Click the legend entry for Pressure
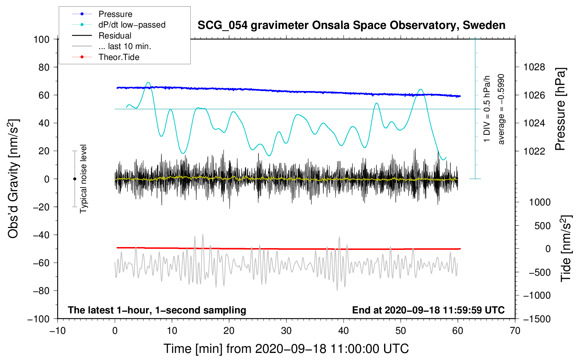pos(115,14)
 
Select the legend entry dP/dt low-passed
pos(132,25)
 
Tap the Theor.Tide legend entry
pos(119,57)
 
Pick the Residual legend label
pos(115,36)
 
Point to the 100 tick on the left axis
pos(42,40)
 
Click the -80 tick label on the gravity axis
pos(41,291)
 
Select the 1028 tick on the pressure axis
pos(534,67)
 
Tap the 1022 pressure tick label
pos(534,151)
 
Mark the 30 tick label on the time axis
pos(286,331)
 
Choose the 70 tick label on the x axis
pos(515,331)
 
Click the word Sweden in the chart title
pos(484,25)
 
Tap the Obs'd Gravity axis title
pos(13,179)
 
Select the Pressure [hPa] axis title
pos(560,109)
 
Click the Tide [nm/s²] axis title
pos(566,248)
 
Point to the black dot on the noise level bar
pos(74,179)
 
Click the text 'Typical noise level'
pos(83,179)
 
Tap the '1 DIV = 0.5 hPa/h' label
pos(486,109)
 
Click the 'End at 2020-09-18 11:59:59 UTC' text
pos(428,310)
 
